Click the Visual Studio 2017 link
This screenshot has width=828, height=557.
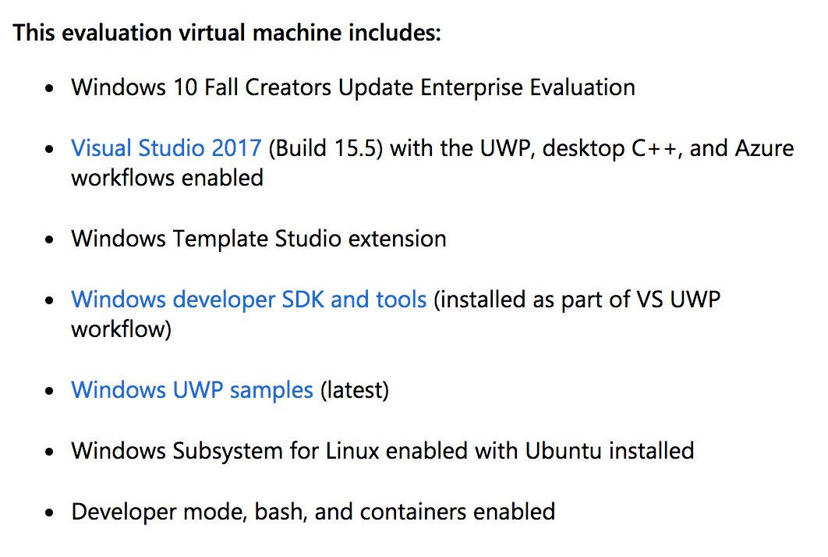tap(165, 147)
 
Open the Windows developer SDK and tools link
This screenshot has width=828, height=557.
tap(249, 299)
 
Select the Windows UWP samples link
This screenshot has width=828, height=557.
tap(192, 389)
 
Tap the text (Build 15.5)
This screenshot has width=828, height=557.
tap(325, 147)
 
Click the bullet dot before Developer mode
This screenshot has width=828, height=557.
tap(51, 513)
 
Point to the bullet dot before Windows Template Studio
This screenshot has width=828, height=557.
tap(51, 239)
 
